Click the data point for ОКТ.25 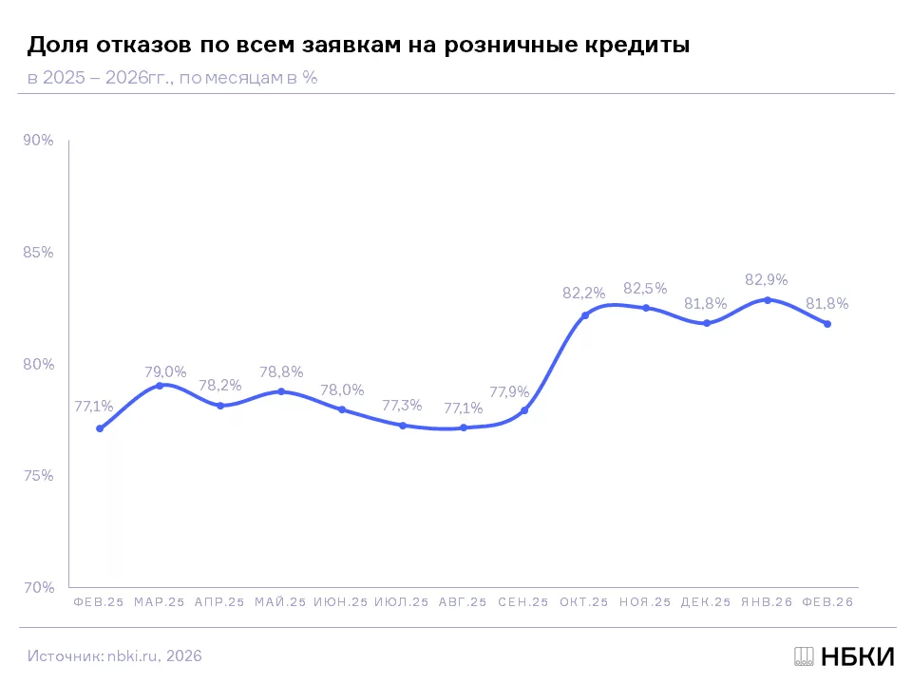[585, 315]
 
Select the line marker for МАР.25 [160, 386]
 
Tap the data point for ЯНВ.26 [768, 300]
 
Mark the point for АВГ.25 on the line [464, 427]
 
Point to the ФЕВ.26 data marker [827, 324]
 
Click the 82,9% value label [766, 279]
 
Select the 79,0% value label [165, 371]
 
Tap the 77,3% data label [402, 406]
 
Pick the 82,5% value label [645, 288]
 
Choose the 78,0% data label [342, 389]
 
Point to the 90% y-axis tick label [38, 141]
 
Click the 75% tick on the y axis [38, 476]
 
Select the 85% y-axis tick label [38, 253]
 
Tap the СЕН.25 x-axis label [523, 602]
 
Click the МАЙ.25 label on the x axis [280, 602]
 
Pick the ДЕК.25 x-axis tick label [706, 602]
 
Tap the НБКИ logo [845, 656]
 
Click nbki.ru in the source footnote [132, 656]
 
